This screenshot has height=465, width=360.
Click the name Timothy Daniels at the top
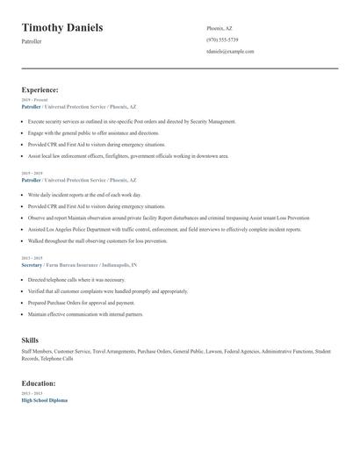pos(62,28)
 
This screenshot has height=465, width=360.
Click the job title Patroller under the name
pos(32,42)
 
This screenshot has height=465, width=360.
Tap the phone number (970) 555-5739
pos(222,39)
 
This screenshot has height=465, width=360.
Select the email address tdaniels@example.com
pos(230,52)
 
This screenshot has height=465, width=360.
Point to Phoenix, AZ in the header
pos(220,28)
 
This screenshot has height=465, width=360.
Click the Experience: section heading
pos(40,89)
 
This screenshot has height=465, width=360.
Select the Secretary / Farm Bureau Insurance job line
pos(78,264)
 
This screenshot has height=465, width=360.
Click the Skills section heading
pos(30,339)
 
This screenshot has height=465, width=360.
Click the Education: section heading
pos(40,383)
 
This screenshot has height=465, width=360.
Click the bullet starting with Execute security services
pos(132,121)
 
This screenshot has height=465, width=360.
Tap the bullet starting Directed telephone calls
pos(78,280)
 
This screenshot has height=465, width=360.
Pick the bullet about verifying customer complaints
pos(107,291)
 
